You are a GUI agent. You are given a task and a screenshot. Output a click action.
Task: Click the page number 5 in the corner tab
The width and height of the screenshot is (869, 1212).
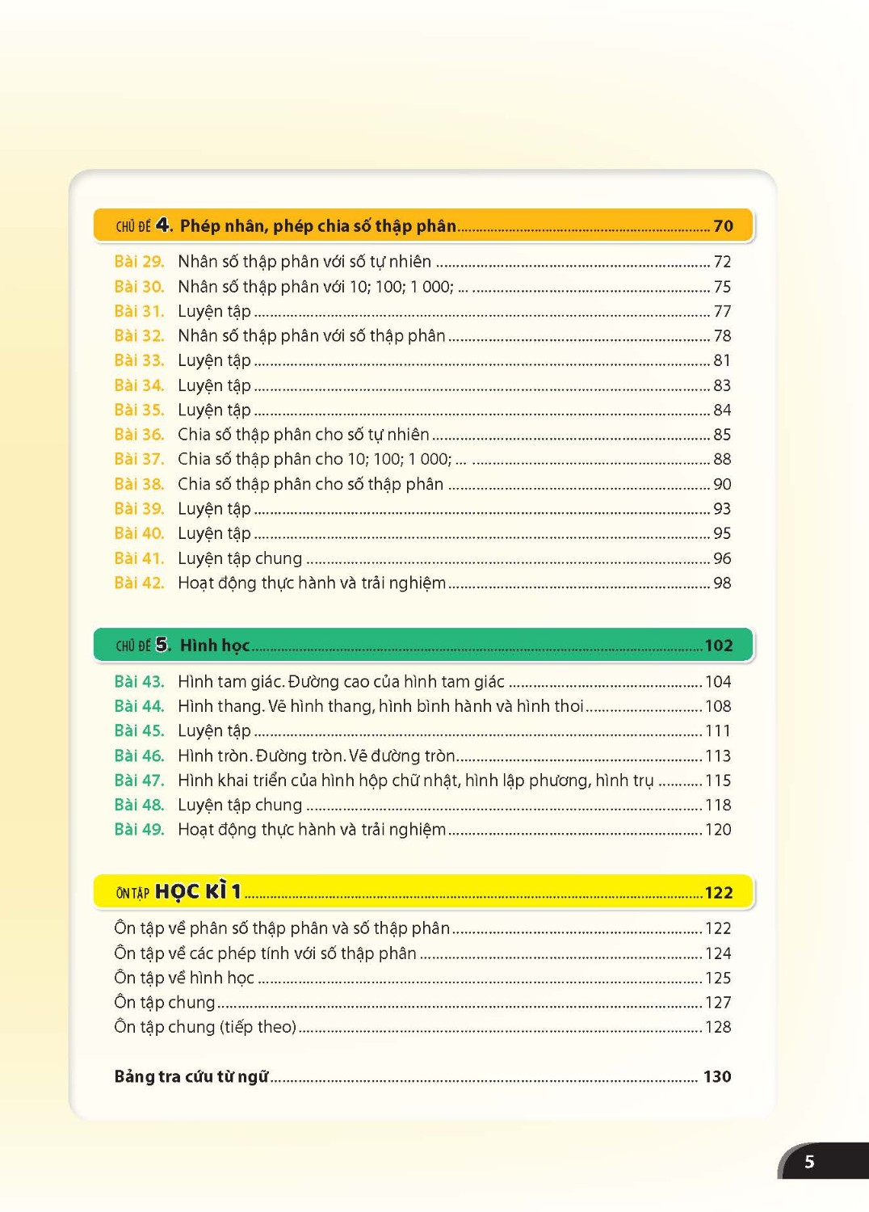[808, 1162]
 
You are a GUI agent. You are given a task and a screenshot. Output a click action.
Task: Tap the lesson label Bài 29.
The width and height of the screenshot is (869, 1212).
[139, 262]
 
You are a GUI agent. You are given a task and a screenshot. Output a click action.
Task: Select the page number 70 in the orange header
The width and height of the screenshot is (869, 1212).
[723, 226]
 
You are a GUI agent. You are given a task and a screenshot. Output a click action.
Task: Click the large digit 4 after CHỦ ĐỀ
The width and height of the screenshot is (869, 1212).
[163, 225]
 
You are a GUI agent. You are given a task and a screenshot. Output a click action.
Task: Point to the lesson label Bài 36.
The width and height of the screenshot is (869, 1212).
[139, 435]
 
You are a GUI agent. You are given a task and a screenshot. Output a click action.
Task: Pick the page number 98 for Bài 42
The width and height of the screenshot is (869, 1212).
[722, 583]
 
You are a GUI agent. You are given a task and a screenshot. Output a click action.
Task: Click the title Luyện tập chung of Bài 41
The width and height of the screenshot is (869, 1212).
[240, 558]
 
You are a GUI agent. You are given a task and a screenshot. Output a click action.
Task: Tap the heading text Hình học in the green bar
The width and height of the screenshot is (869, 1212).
[215, 646]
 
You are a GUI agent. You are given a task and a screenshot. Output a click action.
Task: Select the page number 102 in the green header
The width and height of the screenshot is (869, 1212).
[718, 646]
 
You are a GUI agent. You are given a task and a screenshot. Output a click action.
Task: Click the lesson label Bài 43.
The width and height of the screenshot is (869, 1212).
[139, 682]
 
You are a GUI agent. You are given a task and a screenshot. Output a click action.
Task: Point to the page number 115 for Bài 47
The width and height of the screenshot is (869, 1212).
[717, 781]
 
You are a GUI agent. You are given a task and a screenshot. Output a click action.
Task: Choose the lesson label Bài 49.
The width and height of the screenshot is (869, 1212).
[139, 830]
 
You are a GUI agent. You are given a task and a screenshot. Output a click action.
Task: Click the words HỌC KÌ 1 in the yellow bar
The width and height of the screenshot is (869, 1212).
[198, 892]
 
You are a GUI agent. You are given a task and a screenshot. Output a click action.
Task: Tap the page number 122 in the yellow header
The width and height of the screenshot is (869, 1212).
[718, 893]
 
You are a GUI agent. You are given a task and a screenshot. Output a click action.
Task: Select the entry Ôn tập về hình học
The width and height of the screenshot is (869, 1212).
[184, 978]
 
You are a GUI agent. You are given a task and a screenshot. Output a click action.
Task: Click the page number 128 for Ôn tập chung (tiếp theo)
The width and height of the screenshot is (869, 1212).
[717, 1027]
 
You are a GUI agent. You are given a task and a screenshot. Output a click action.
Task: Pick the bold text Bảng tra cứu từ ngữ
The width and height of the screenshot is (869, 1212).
[191, 1076]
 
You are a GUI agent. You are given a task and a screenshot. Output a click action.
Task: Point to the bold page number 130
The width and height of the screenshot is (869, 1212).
[716, 1076]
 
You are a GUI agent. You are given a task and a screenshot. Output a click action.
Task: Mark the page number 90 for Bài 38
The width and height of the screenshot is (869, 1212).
[722, 484]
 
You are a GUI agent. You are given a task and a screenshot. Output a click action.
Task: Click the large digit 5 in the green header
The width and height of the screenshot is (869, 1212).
[162, 645]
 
